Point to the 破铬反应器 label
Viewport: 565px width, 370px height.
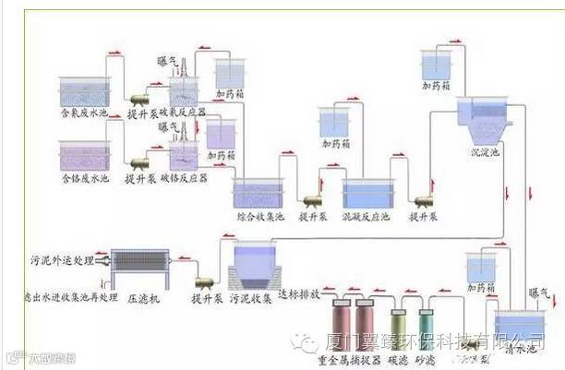184,176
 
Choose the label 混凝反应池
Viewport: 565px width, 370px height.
367,218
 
